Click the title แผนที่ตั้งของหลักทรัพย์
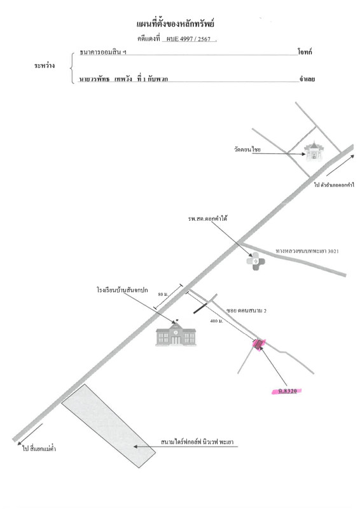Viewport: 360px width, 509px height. click(x=176, y=24)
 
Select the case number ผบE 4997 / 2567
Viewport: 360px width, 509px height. click(x=189, y=39)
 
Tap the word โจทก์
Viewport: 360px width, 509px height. click(x=305, y=52)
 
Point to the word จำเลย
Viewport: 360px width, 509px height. click(x=307, y=79)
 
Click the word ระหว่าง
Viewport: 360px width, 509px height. click(x=45, y=66)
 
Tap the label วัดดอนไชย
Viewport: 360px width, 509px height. click(x=247, y=150)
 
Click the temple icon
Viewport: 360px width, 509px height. click(x=314, y=151)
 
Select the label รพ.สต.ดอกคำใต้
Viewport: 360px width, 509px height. click(x=207, y=218)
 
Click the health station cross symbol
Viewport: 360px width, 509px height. click(x=256, y=261)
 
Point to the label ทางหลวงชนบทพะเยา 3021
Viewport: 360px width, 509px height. click(x=307, y=251)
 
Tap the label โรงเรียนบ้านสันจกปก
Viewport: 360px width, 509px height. click(x=122, y=290)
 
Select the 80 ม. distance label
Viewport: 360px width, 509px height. click(x=163, y=294)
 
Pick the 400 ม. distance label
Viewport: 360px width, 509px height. click(x=216, y=321)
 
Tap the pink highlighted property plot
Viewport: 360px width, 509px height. click(x=259, y=344)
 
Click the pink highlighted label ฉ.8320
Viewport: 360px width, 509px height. click(x=287, y=391)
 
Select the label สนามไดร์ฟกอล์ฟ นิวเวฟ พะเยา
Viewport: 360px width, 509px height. click(x=197, y=442)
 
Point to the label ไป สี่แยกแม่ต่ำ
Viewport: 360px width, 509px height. click(x=39, y=449)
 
